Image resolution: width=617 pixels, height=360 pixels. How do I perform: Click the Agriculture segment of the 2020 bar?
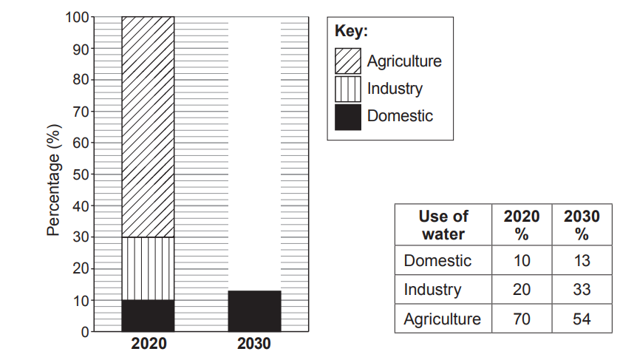tap(148, 126)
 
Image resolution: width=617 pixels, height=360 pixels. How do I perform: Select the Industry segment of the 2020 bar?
tap(148, 268)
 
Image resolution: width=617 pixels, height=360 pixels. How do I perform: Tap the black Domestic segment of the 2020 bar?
tap(148, 316)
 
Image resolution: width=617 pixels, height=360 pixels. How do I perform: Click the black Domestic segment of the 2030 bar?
tap(254, 311)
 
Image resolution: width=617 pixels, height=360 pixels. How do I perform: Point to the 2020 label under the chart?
tap(149, 344)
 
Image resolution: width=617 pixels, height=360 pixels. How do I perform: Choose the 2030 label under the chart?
tap(254, 344)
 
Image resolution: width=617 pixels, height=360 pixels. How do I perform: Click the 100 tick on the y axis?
tap(76, 17)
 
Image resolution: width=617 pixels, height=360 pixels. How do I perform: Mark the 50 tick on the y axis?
tap(79, 174)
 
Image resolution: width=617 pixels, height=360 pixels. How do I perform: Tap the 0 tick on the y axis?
tap(83, 332)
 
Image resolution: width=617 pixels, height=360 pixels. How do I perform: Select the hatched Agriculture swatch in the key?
tap(348, 61)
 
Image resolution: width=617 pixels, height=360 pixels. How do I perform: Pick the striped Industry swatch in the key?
tap(348, 89)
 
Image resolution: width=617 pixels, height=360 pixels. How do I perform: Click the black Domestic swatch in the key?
tap(348, 117)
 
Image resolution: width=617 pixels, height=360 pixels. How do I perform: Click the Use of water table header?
tap(443, 225)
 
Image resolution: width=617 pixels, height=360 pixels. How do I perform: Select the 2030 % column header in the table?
tap(582, 225)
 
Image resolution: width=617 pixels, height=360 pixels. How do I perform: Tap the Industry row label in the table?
tap(432, 290)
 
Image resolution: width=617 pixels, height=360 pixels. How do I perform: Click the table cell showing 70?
tap(521, 319)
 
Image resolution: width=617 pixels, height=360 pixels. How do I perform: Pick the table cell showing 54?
tap(582, 319)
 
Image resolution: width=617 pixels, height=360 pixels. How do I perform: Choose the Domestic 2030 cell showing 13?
tap(582, 260)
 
